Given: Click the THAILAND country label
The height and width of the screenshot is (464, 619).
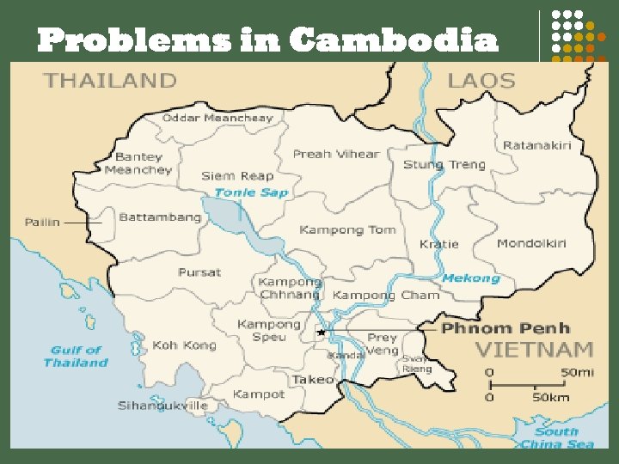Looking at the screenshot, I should pos(110,81).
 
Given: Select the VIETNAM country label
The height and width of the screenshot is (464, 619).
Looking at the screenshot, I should pos(535,350).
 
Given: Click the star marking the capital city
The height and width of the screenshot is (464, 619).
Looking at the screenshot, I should pos(322,332).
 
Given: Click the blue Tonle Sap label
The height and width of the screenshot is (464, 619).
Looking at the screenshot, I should pos(250,192).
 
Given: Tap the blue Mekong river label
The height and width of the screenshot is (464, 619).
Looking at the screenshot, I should pos(470,278).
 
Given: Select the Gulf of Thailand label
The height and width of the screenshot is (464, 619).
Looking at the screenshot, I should pos(76,357).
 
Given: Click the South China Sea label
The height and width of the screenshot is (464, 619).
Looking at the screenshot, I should pos(556,438).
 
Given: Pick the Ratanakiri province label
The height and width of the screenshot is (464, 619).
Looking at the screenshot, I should pos(536,145).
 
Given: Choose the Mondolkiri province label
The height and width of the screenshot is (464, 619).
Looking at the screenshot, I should pos(531,244).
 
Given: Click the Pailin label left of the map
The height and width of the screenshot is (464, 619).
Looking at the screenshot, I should pos(42,222).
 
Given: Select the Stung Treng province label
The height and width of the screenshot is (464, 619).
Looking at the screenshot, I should pos(444,164).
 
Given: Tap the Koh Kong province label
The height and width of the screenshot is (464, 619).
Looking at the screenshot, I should pos(183,345).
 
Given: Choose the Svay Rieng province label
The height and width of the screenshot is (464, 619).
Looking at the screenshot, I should pos(416,363).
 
